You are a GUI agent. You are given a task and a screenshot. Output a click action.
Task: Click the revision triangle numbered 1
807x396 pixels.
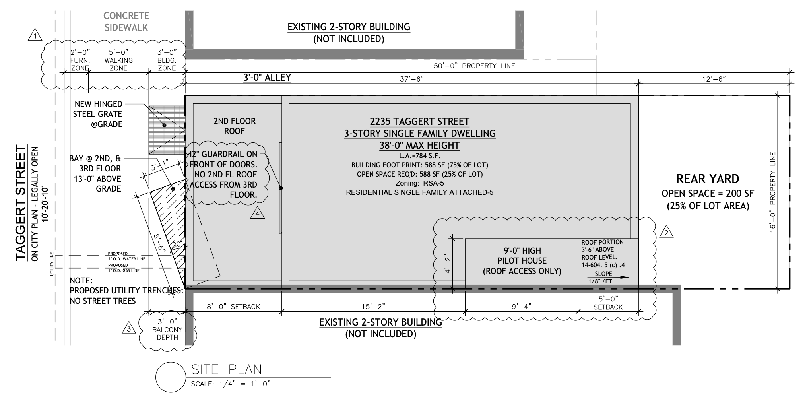[x=35, y=35]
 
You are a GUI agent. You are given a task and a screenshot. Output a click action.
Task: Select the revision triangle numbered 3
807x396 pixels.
[x=128, y=328]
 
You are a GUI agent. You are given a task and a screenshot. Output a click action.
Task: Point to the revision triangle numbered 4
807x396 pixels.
[x=257, y=214]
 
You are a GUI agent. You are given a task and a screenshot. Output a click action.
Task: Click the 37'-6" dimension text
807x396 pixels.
[x=412, y=79]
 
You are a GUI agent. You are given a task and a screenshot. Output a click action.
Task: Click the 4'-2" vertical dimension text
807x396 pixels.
[x=448, y=264]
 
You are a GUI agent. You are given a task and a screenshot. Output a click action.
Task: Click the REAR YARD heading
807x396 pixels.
[x=708, y=179]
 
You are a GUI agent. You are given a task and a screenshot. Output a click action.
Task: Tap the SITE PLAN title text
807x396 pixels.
[x=226, y=370]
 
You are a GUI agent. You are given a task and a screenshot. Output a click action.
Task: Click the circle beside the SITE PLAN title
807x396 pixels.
[x=170, y=377]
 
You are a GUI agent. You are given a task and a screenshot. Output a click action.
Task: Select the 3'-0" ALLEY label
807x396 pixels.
[x=267, y=77]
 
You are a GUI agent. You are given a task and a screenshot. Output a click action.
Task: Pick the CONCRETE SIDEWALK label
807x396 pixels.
[x=126, y=21]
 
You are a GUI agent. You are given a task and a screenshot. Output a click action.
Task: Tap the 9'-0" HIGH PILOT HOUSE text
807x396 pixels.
[x=522, y=261]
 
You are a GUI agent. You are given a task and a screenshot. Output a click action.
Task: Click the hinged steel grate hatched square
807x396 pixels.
[x=167, y=130]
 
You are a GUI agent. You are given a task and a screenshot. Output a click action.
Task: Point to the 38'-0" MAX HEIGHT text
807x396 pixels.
[x=419, y=146]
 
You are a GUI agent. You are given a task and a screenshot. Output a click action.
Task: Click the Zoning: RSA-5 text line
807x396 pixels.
[x=419, y=183]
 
